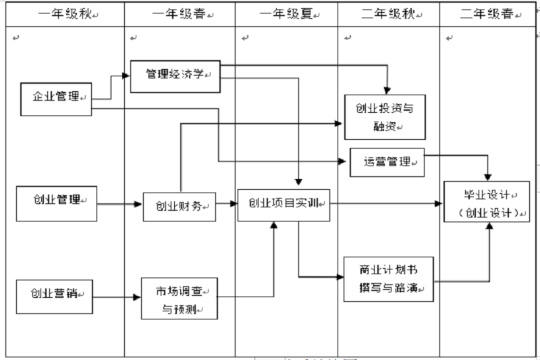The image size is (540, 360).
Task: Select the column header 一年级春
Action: [x=180, y=14]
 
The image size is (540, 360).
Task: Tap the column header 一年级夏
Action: [x=286, y=14]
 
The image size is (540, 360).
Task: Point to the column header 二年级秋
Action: [x=388, y=14]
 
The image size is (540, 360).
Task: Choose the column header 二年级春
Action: [x=487, y=14]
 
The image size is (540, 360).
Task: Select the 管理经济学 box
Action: [x=175, y=74]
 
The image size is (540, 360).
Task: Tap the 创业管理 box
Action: [x=56, y=202]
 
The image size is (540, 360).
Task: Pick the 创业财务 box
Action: [x=179, y=207]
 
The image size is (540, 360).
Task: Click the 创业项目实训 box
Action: [x=283, y=204]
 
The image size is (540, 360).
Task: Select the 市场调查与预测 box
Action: [x=180, y=298]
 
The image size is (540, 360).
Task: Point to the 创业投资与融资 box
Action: [x=385, y=117]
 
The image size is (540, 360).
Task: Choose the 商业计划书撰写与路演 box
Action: [x=388, y=279]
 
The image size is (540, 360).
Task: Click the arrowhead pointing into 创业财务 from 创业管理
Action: [x=138, y=204]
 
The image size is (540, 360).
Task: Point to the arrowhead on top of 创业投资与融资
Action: [x=388, y=91]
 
